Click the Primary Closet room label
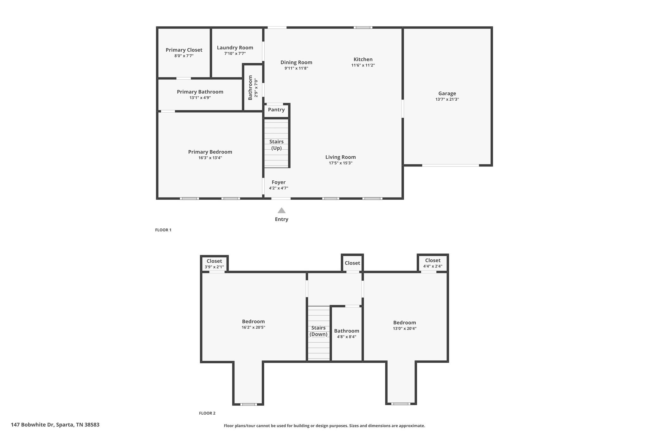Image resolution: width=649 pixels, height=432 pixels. [x=184, y=50]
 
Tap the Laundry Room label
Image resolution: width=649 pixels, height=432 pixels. [x=235, y=48]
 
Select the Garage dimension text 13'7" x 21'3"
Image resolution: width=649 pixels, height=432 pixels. [x=447, y=99]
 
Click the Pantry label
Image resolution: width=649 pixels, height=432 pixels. [x=276, y=110]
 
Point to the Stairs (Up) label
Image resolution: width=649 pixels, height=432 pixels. [x=276, y=145]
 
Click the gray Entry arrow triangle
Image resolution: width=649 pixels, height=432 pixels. [x=281, y=210]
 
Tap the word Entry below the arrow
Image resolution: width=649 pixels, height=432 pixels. [x=281, y=219]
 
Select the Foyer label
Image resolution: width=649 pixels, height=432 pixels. [x=279, y=182]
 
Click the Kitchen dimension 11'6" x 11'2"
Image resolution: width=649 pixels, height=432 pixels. [x=363, y=65]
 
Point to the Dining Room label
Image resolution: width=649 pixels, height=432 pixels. [x=296, y=63]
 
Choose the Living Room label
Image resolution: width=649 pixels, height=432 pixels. [x=341, y=157]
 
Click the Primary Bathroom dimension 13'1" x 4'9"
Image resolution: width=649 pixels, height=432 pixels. [x=200, y=98]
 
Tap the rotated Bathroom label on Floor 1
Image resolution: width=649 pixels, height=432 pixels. [x=250, y=88]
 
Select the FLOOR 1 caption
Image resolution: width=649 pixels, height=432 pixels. [x=163, y=230]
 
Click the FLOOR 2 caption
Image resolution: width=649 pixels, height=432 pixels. [x=207, y=413]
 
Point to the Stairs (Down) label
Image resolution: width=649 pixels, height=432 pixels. [x=318, y=331]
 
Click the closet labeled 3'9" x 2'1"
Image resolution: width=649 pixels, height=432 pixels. [x=214, y=263]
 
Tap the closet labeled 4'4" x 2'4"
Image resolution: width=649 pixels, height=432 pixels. [x=433, y=263]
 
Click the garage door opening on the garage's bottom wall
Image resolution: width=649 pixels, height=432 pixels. [x=450, y=165]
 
